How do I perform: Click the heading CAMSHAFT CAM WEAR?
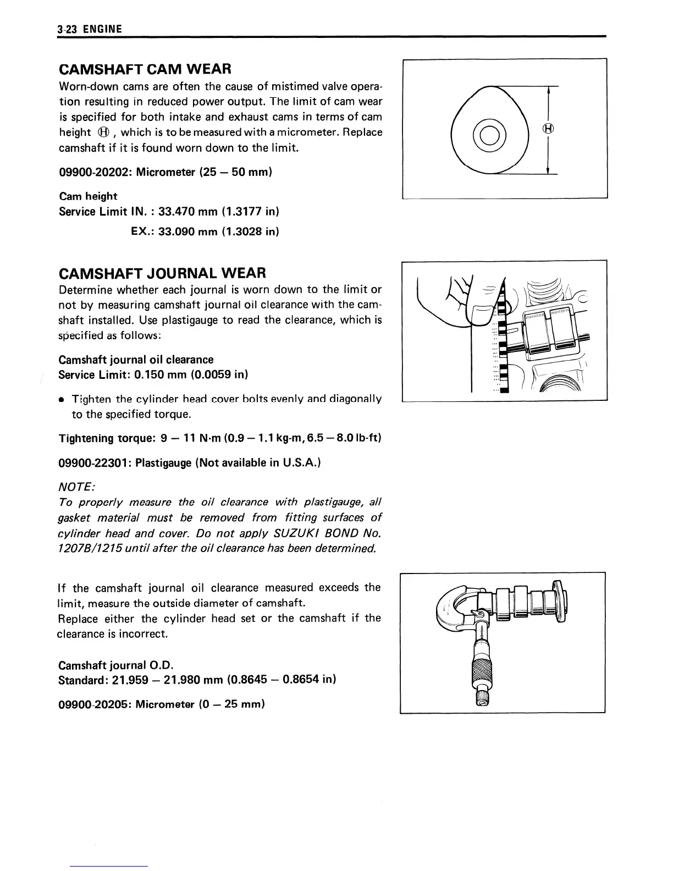click(145, 69)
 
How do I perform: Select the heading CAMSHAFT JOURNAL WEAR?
click(162, 273)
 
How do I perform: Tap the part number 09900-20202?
click(95, 172)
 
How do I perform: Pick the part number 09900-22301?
click(95, 462)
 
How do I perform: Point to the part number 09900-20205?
click(95, 704)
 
